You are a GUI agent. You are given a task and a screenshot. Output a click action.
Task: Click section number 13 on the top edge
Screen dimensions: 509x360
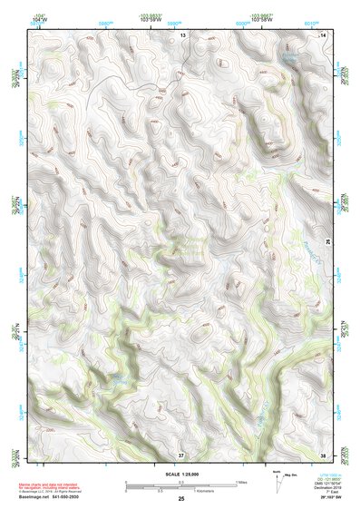coord(182,34)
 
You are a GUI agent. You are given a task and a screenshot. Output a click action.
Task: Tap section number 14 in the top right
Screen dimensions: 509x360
coord(325,34)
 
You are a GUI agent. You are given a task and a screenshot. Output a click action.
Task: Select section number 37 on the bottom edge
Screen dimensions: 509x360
coord(181,453)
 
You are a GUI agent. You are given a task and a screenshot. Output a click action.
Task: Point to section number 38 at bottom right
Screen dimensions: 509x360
coord(324,453)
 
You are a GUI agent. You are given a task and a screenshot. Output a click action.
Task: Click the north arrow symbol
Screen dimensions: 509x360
coord(277,483)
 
